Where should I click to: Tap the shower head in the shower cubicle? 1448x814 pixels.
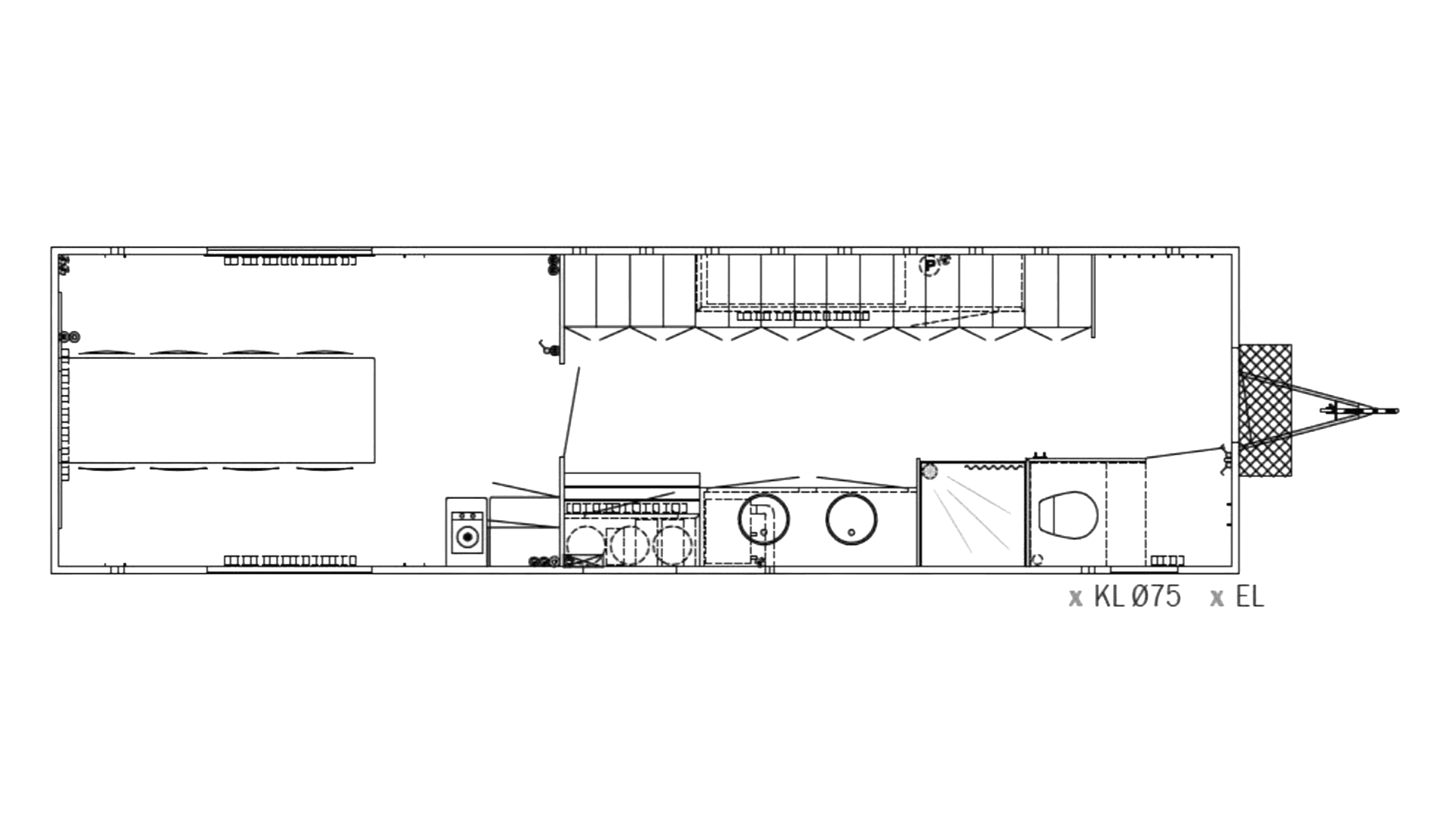pyautogui.click(x=930, y=471)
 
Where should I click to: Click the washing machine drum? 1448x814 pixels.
pyautogui.click(x=468, y=536)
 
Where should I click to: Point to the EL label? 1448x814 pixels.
pyautogui.click(x=1250, y=597)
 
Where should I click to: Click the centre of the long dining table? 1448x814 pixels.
pyautogui.click(x=222, y=411)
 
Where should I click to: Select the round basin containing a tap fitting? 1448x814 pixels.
pyautogui.click(x=763, y=519)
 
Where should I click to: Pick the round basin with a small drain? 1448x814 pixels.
pyautogui.click(x=851, y=519)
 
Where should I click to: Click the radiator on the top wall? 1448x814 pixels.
pyautogui.click(x=290, y=261)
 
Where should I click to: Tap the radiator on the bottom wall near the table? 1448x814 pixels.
pyautogui.click(x=290, y=561)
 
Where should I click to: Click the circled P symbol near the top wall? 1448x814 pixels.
pyautogui.click(x=932, y=265)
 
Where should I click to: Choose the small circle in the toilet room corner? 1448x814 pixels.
pyautogui.click(x=1038, y=558)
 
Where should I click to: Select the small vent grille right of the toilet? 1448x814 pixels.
pyautogui.click(x=1167, y=560)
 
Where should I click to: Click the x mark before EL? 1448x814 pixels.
pyautogui.click(x=1216, y=598)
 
